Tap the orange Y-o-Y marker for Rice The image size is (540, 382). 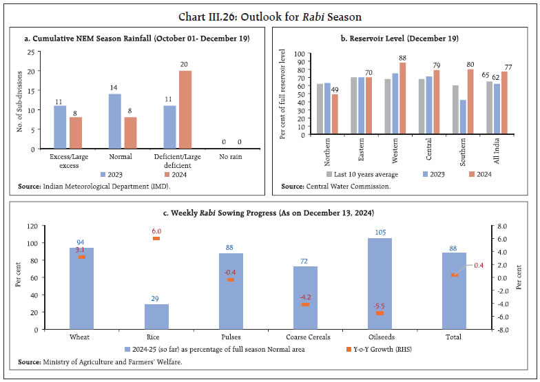tap(156, 239)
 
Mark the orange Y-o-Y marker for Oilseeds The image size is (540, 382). tap(380, 313)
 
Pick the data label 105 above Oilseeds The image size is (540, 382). tap(380, 232)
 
